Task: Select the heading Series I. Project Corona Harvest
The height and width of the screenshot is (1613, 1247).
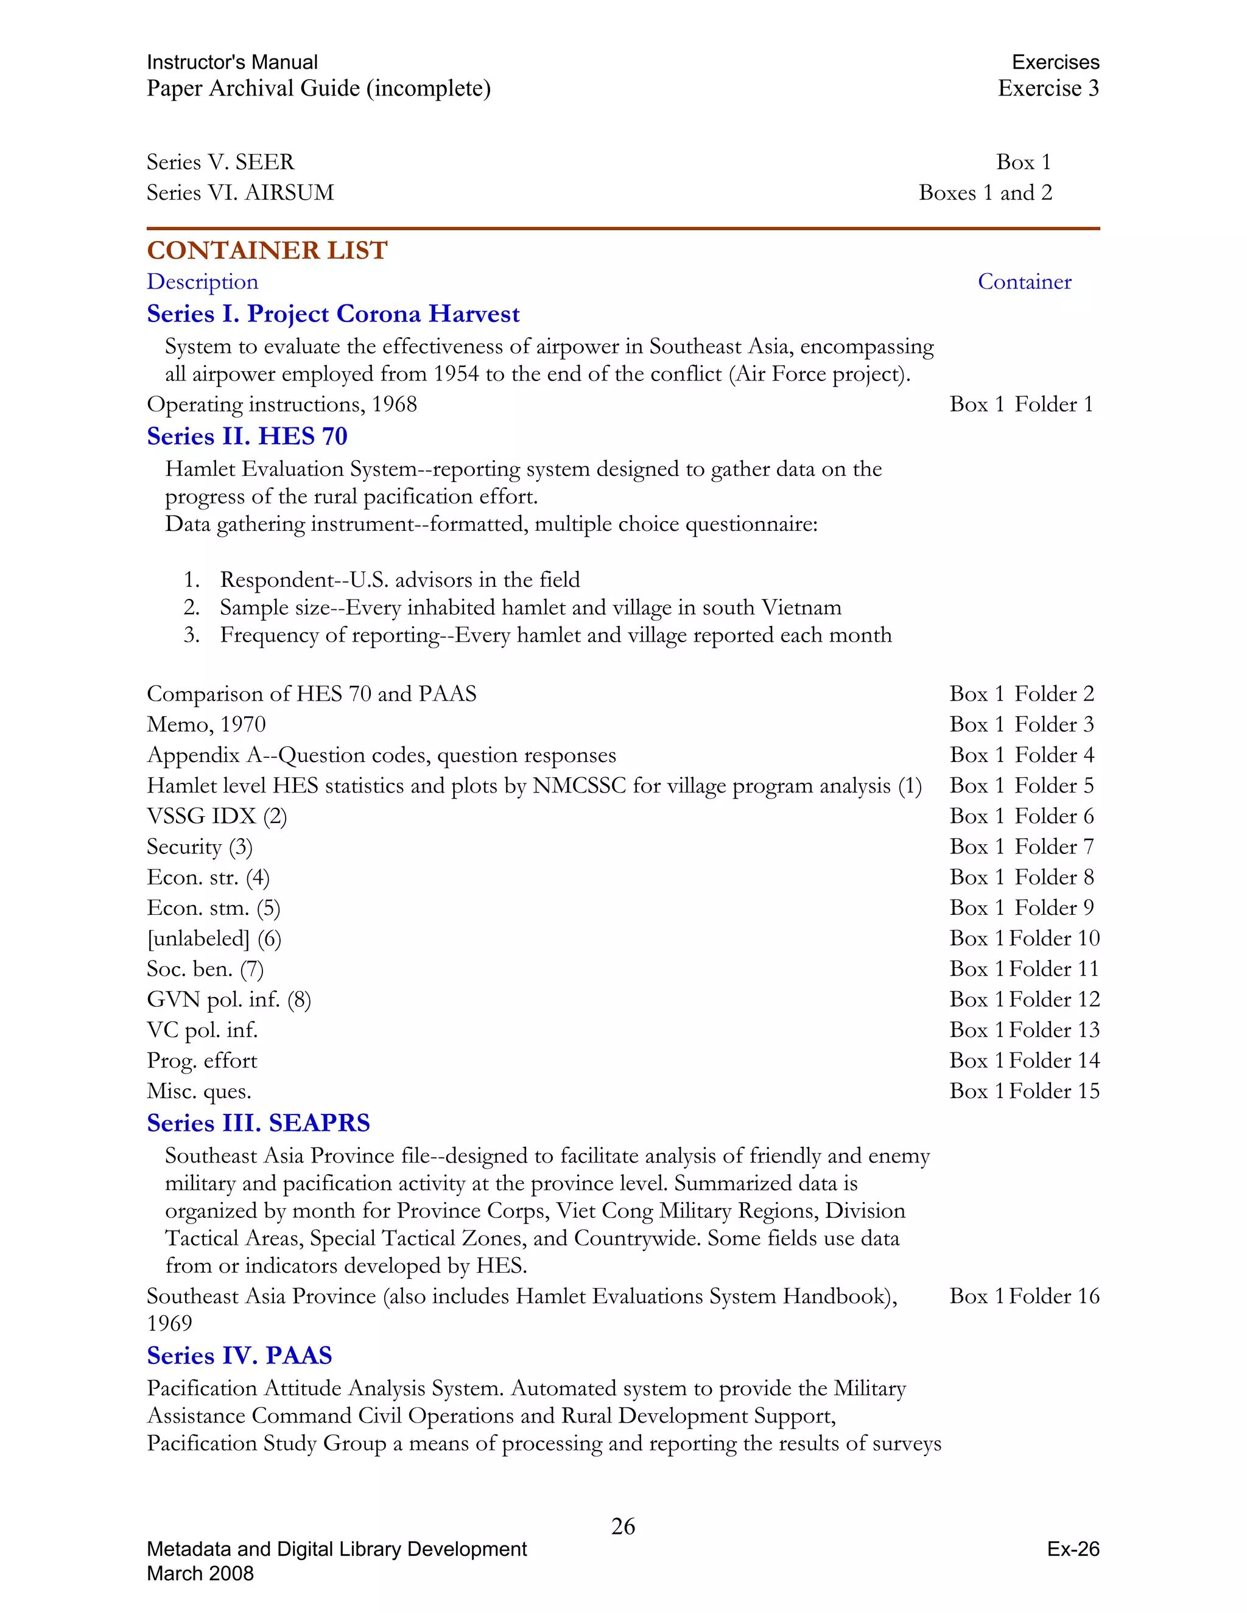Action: (333, 314)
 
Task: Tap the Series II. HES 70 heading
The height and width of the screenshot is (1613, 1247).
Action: (247, 436)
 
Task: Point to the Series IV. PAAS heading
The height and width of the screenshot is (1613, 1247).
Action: (239, 1356)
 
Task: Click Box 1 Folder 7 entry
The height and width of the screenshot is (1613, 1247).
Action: (1021, 847)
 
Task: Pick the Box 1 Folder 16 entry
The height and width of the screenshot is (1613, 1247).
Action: (1024, 1296)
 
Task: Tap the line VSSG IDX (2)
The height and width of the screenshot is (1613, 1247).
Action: (216, 816)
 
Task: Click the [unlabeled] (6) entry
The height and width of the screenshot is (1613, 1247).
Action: (214, 939)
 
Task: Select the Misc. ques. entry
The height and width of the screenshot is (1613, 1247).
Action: (198, 1091)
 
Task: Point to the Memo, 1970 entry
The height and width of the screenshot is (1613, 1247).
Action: (206, 724)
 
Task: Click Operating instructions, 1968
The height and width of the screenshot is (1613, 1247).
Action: (281, 405)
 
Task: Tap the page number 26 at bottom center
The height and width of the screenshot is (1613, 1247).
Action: (623, 1526)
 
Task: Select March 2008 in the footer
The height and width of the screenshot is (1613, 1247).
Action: (200, 1573)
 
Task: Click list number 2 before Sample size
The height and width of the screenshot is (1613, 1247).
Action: (191, 608)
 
